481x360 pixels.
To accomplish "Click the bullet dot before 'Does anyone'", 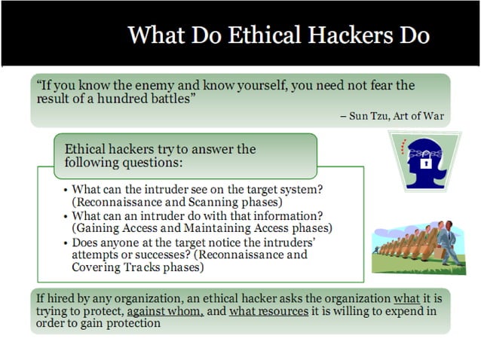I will (x=66, y=243).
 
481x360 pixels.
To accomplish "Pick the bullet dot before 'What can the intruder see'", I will (x=66, y=189).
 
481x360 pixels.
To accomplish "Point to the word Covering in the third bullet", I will (x=99, y=267).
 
